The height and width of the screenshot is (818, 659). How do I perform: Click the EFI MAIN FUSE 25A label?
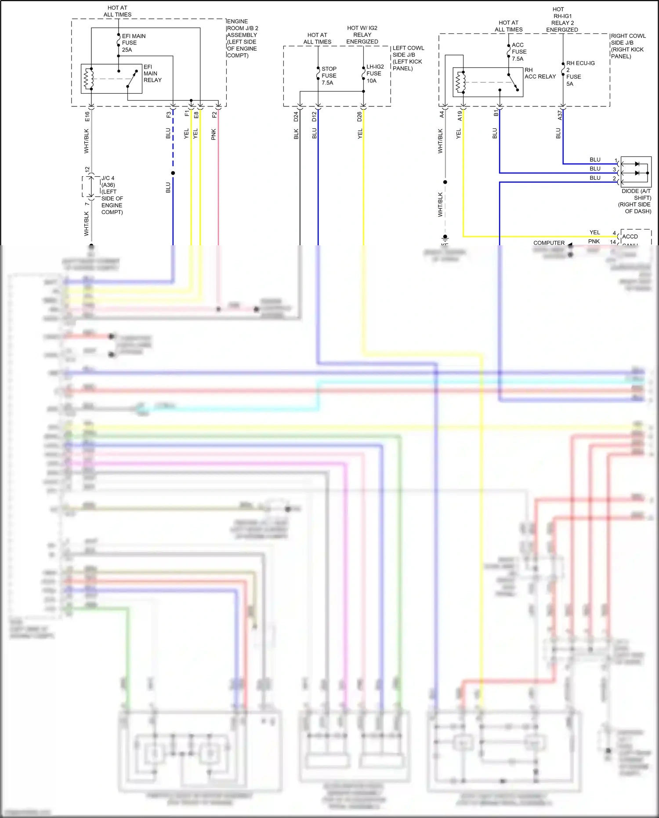(133, 43)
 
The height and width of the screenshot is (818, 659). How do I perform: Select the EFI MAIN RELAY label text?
(152, 73)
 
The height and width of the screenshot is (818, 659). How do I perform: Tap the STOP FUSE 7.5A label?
(329, 76)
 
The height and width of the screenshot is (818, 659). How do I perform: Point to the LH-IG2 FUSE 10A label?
(375, 73)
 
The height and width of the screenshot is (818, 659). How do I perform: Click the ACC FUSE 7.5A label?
(518, 51)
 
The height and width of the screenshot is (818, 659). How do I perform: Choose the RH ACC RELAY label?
(540, 73)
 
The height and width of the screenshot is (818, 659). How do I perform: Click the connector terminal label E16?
(87, 116)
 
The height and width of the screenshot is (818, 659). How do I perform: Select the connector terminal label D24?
(296, 116)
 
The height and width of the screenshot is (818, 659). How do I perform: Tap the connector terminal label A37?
(560, 115)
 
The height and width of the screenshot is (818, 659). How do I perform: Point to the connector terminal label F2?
(214, 115)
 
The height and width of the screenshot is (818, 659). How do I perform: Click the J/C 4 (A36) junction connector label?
(112, 195)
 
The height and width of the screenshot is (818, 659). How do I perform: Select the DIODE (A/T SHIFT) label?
(636, 201)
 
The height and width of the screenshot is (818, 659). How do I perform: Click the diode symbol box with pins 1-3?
(636, 172)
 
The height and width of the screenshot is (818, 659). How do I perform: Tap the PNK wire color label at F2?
(214, 135)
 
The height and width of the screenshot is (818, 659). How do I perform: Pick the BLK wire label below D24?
(296, 134)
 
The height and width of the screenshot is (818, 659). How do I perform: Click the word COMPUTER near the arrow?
(549, 243)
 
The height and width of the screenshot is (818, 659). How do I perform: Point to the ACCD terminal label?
(630, 236)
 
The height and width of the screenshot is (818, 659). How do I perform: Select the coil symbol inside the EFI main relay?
(89, 79)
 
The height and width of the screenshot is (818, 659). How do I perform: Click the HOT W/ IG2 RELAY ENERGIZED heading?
(362, 35)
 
